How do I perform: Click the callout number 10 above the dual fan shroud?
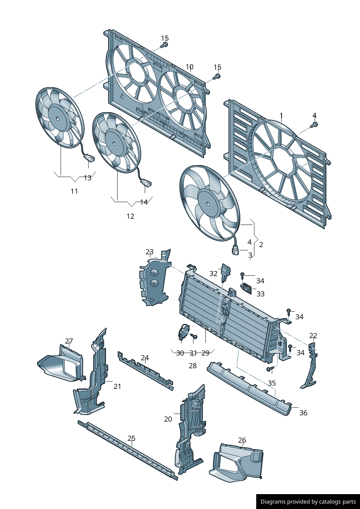tap(189, 67)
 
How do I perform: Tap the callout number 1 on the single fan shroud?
tap(281, 116)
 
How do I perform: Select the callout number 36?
tap(303, 413)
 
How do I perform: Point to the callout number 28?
tap(193, 366)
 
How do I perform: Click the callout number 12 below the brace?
tap(130, 216)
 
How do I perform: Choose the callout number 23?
tap(150, 252)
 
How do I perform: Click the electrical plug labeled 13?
tap(89, 158)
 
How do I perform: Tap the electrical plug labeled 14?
tap(146, 183)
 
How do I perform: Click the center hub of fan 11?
tap(58, 118)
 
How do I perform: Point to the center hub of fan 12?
tap(114, 143)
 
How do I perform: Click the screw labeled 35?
tap(270, 369)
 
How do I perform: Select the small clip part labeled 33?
tap(247, 289)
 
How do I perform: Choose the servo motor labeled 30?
tap(184, 332)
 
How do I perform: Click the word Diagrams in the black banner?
tap(273, 502)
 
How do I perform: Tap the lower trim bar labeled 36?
tap(250, 390)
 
